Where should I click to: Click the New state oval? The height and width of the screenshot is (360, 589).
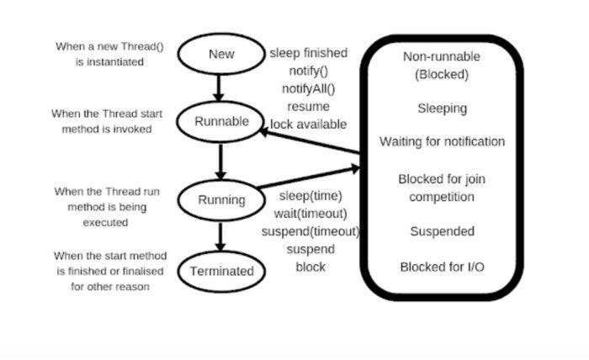222,55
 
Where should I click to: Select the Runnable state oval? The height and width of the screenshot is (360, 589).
221,121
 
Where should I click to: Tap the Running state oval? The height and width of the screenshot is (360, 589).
221,200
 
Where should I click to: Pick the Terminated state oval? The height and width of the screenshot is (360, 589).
221,271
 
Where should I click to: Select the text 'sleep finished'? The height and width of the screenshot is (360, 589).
307,53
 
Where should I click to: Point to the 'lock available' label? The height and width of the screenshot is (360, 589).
308,124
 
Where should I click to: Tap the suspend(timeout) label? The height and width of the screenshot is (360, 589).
310,231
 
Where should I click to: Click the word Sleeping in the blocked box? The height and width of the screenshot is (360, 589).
442,109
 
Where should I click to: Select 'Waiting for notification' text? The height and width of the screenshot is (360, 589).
442,141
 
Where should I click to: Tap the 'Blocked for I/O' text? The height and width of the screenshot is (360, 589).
442,267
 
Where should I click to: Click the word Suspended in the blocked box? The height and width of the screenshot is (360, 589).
442,231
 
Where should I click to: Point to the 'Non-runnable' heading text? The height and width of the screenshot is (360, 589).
442,56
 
